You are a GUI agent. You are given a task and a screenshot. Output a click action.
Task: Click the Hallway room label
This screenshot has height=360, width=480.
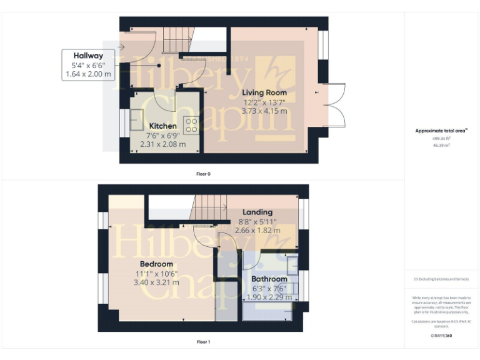(88, 56)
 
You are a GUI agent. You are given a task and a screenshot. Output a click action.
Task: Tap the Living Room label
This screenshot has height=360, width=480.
(264, 92)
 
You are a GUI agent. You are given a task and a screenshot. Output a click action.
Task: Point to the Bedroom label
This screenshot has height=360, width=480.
(156, 264)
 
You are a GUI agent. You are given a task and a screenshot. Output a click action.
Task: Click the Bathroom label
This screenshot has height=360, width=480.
(269, 279)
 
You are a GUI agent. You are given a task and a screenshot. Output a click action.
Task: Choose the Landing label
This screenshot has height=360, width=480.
(257, 212)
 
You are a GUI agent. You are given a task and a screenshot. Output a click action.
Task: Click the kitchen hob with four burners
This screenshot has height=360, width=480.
(191, 125)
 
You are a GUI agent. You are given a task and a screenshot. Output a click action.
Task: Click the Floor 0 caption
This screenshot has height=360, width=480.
(204, 173)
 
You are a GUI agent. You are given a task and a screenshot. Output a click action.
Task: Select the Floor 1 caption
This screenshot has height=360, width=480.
(203, 342)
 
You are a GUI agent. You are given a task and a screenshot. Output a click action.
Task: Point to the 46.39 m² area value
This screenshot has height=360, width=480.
(442, 144)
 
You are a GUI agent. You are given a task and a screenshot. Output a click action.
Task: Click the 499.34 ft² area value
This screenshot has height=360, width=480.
(442, 138)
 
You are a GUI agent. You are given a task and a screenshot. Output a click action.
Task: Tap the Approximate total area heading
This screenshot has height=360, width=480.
(441, 131)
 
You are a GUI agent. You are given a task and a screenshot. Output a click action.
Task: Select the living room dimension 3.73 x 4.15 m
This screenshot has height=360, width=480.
(264, 111)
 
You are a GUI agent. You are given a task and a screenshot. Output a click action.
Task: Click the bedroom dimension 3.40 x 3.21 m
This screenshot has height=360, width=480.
(156, 282)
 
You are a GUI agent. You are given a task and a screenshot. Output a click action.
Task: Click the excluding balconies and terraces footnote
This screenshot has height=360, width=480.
(441, 279)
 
